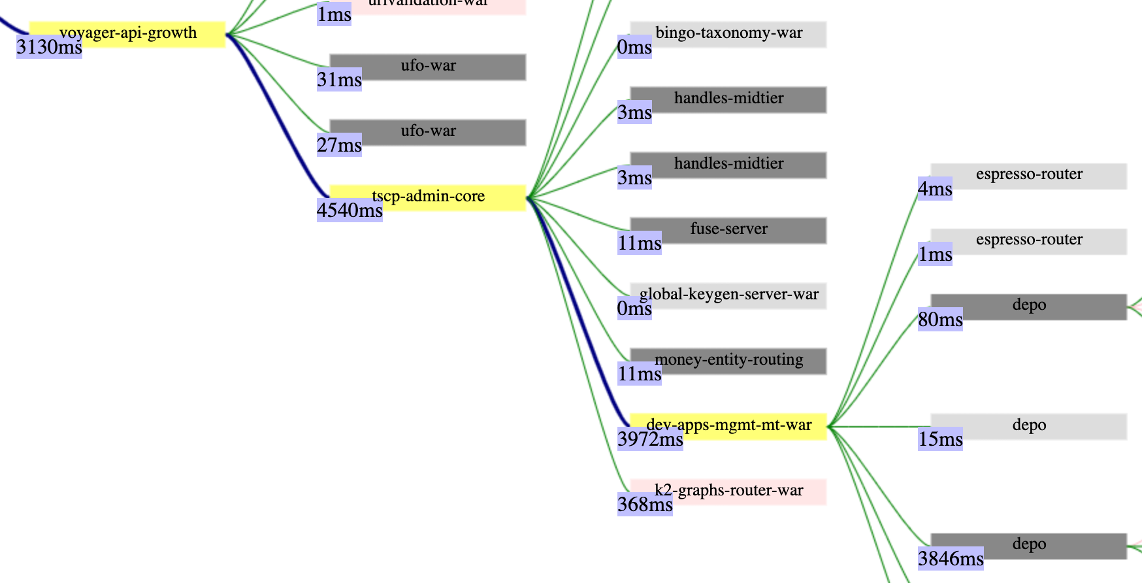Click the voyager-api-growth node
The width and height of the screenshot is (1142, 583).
(127, 33)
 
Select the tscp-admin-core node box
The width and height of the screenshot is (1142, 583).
(428, 197)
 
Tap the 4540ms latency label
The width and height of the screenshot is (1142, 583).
(350, 210)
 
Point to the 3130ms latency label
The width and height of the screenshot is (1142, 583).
(49, 47)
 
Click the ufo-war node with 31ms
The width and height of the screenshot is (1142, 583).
(428, 67)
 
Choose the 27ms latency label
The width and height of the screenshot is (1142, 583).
(339, 145)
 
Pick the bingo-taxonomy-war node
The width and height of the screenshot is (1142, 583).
(728, 34)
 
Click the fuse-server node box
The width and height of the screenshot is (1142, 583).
(728, 230)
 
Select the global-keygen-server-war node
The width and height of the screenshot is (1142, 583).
(728, 295)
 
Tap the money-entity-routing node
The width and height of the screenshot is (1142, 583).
(728, 360)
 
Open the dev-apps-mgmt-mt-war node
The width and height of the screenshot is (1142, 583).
(728, 425)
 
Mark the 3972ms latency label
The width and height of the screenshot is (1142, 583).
(650, 439)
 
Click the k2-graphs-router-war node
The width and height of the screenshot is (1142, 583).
(728, 491)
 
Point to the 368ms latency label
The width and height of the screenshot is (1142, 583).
(645, 505)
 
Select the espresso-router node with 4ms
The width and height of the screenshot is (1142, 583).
(1029, 175)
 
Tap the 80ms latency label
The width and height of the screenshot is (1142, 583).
(940, 320)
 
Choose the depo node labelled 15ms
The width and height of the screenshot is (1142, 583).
(1029, 425)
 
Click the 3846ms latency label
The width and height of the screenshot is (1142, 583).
(951, 559)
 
